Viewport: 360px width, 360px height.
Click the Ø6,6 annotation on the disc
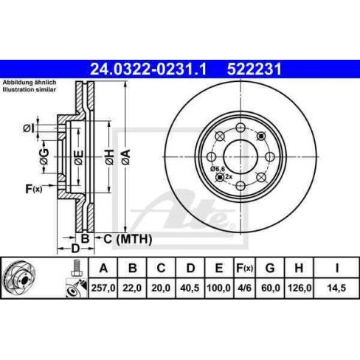click(x=217, y=169)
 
